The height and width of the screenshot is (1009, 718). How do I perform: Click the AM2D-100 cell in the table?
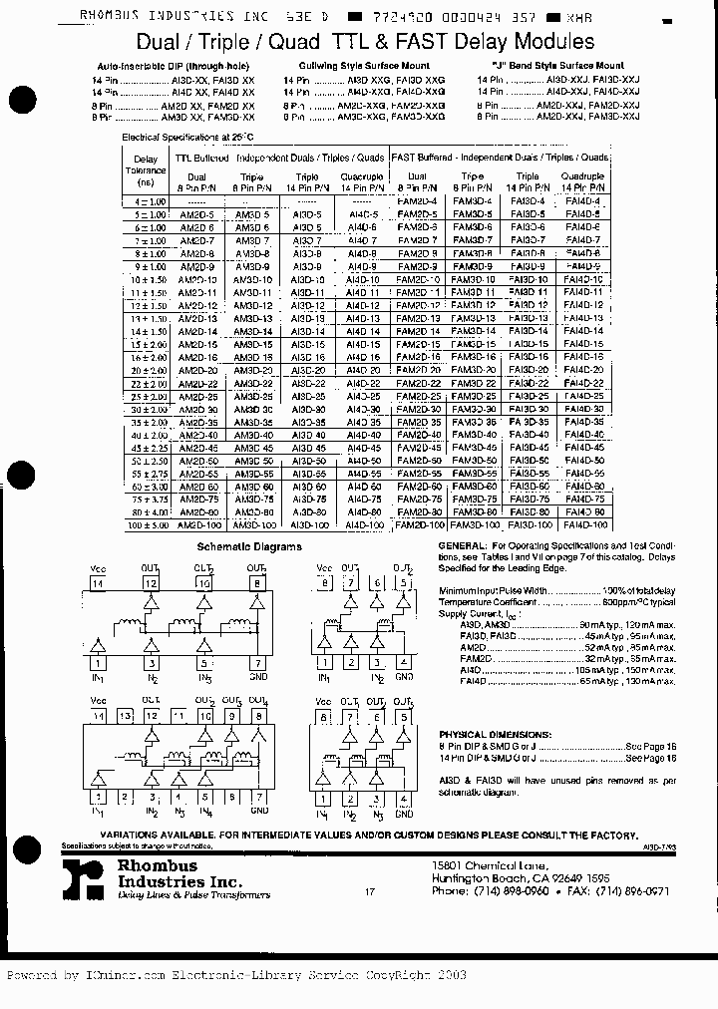pyautogui.click(x=196, y=524)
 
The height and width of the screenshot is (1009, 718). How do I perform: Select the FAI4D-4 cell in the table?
pyautogui.click(x=582, y=200)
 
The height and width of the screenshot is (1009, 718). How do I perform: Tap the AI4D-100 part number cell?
pyautogui.click(x=364, y=524)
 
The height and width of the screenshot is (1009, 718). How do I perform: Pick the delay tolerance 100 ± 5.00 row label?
pyautogui.click(x=146, y=524)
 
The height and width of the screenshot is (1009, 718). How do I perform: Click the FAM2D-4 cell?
pyautogui.click(x=416, y=200)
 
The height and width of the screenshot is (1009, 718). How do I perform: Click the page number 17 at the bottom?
pyautogui.click(x=370, y=893)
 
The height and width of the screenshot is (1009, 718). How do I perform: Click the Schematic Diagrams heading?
pyautogui.click(x=249, y=546)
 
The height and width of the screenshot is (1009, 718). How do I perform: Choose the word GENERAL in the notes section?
pyautogui.click(x=462, y=546)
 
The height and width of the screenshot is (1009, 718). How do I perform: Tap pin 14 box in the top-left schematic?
pyautogui.click(x=98, y=583)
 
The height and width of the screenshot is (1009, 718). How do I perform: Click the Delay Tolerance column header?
pyautogui.click(x=146, y=170)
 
